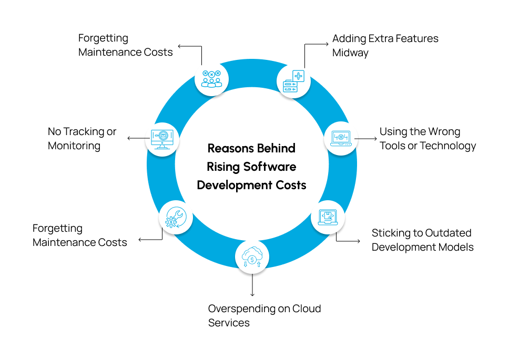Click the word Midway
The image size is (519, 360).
[x=350, y=53]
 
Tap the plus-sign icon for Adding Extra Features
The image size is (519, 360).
[x=293, y=80]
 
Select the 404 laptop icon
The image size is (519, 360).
[x=340, y=138]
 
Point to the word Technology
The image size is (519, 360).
[x=450, y=146]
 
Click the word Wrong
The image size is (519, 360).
[x=443, y=131]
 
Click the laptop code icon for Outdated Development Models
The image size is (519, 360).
[x=328, y=218]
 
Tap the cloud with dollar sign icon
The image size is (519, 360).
[x=252, y=257]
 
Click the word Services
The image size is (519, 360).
[x=229, y=322]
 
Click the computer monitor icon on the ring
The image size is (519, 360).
[x=162, y=139]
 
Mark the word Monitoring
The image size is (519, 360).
[x=74, y=146]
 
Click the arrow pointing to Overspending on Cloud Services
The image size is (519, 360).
[x=252, y=287]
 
